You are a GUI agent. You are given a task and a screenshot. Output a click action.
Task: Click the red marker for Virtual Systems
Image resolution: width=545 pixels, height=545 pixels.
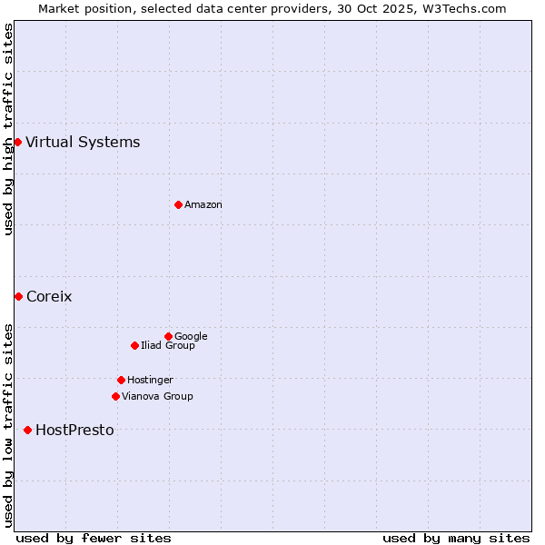pos(17,142)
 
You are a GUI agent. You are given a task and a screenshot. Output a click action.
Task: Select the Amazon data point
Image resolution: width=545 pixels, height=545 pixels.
pos(178,204)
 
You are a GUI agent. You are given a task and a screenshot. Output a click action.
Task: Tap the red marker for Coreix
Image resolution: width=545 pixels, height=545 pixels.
pos(18,296)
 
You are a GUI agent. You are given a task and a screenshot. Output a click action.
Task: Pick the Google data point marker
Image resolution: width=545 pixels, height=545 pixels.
pos(168,336)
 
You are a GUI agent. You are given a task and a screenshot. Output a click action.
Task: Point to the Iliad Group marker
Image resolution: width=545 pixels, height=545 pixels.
pos(134,345)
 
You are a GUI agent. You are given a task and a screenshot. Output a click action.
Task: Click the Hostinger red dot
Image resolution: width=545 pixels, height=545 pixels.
pos(121,380)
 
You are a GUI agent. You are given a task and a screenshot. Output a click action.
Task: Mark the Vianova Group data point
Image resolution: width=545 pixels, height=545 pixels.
pos(115,396)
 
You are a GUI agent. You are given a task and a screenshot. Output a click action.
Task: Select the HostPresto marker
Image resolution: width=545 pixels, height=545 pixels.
pos(27,430)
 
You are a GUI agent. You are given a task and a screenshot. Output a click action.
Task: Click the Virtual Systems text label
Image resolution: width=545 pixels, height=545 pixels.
pos(83,142)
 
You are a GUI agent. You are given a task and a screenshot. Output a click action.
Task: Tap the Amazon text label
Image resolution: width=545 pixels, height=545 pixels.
pos(203,205)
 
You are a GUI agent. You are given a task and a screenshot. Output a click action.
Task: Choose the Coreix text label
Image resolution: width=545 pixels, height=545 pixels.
pos(49,296)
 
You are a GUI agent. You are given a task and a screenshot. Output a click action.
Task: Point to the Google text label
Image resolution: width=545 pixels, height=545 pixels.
pos(191,336)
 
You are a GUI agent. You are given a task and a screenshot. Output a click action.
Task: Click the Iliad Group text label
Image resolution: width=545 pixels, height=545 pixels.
pos(168,345)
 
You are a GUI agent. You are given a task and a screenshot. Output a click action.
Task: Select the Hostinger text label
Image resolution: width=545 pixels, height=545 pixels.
pos(150,380)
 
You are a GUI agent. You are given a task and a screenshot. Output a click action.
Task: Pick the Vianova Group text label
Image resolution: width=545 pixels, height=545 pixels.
pos(157,396)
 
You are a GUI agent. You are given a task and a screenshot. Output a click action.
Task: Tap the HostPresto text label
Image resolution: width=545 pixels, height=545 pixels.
pos(74,430)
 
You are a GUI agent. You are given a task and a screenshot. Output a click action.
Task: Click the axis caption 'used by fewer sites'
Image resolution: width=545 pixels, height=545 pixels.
pos(94,538)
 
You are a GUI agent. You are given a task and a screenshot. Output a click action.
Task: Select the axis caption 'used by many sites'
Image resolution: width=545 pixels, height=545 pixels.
pos(456,538)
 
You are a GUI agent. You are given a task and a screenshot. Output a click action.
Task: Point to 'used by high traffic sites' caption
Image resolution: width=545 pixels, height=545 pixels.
pos(8,129)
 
